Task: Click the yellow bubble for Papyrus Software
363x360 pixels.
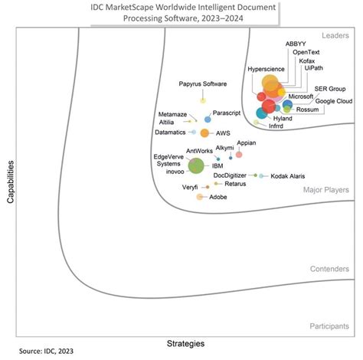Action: [x=203, y=100]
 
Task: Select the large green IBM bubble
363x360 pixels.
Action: [x=196, y=165]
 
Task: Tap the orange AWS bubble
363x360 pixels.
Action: [x=204, y=133]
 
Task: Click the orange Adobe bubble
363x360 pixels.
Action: [x=200, y=197]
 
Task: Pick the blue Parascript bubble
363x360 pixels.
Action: [x=208, y=119]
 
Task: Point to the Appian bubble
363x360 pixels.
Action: [x=239, y=154]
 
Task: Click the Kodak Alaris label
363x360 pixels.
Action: [x=287, y=176]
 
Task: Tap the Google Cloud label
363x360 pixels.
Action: [x=334, y=101]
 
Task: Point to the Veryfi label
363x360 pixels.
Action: [x=191, y=187]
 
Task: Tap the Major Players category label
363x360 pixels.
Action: [x=325, y=189]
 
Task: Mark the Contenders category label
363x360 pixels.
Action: [x=330, y=269]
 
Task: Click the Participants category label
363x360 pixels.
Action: [x=329, y=326]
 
